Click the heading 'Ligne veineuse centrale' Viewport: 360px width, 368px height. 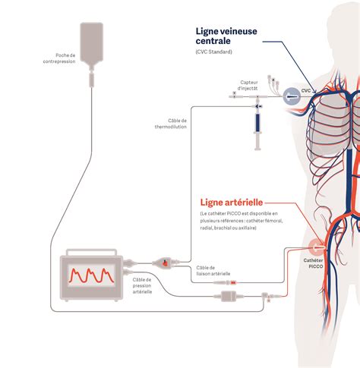click(226, 36)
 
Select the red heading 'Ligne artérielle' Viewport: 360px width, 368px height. click(232, 203)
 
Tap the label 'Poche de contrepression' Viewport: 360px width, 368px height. click(59, 58)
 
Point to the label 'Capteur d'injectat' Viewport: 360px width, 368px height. click(248, 85)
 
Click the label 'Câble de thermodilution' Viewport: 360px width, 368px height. click(171, 124)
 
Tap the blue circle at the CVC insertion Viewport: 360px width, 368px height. click(292, 96)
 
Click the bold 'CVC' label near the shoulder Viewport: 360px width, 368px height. click(306, 90)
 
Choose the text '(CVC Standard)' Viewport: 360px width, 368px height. click(213, 52)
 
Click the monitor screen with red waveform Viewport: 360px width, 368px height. click(91, 275)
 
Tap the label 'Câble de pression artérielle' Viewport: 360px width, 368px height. click(142, 285)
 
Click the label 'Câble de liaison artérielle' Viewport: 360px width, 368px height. click(213, 271)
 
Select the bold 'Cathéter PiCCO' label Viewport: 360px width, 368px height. click(313, 263)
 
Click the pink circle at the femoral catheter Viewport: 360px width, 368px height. click(317, 247)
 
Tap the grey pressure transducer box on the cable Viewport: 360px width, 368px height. click(229, 296)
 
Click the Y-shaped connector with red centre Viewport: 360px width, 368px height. click(165, 263)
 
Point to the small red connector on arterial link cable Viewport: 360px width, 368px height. click(233, 282)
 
